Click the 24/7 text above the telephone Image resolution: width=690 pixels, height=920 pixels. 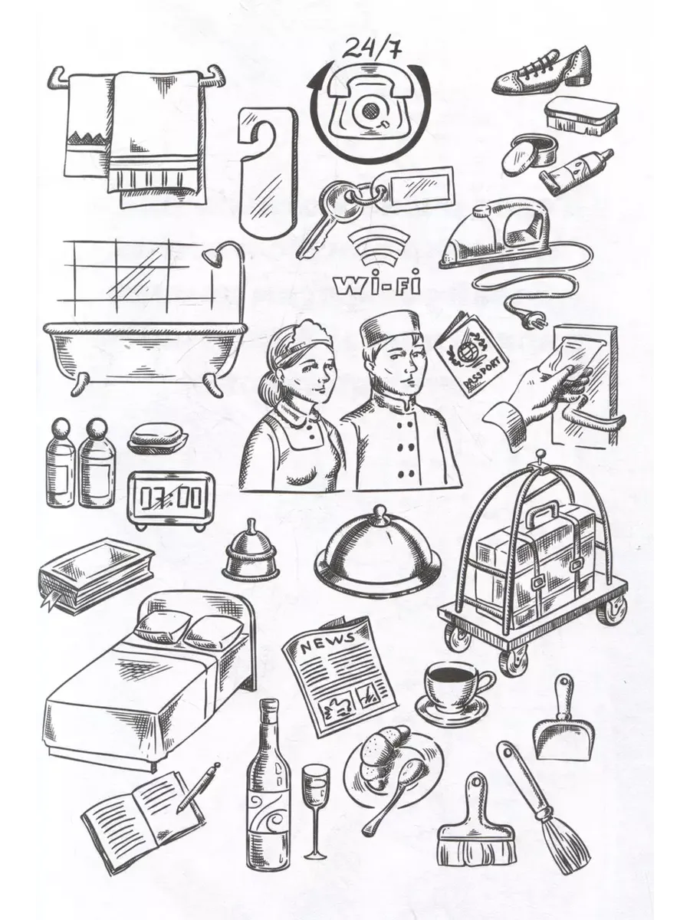[372, 49]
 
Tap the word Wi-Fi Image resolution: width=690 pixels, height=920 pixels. [377, 285]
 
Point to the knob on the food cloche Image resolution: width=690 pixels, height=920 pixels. [379, 514]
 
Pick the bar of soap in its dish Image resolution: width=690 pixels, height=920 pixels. [157, 438]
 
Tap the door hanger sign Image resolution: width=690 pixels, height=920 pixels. [268, 172]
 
